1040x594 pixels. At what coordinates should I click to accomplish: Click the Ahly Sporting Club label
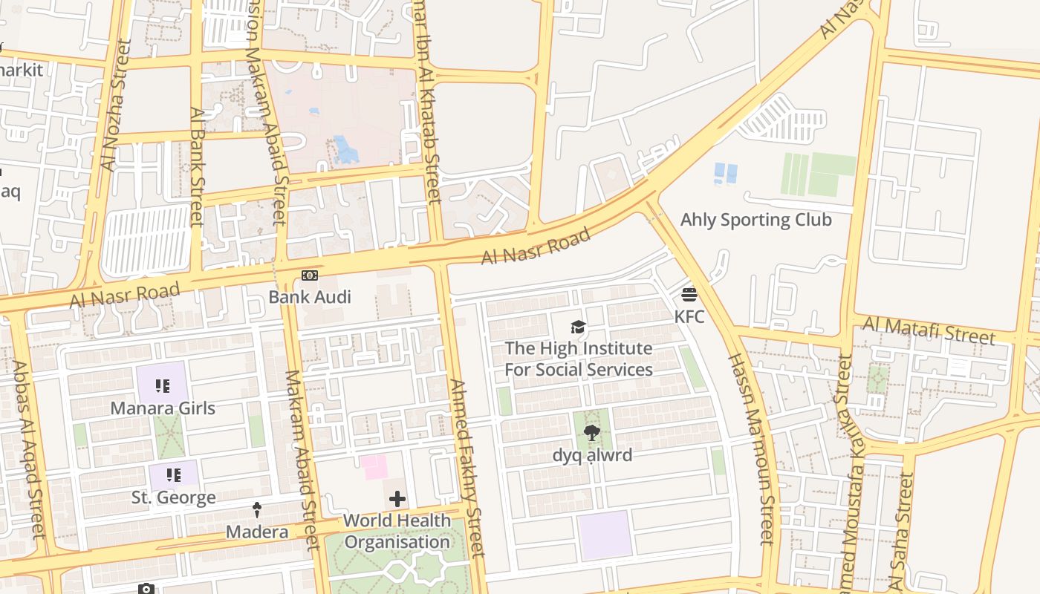[756, 220]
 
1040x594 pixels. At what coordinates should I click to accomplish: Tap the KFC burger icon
[689, 295]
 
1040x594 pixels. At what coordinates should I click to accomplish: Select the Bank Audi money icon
[310, 275]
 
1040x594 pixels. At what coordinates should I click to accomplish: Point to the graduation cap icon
[578, 327]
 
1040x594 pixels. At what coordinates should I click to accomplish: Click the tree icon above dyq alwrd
[592, 433]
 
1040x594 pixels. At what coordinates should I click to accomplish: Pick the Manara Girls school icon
[163, 385]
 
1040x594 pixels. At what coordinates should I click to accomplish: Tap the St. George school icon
[174, 475]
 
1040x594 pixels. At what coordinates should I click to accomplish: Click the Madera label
[257, 532]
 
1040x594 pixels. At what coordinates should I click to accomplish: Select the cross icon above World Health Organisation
[397, 498]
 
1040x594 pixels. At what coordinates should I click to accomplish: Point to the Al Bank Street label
[196, 166]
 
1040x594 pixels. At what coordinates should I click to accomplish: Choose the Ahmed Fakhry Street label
[467, 468]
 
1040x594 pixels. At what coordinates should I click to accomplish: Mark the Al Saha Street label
[901, 530]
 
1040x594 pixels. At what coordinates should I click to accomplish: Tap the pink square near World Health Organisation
[374, 467]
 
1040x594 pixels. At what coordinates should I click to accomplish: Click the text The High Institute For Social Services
[579, 359]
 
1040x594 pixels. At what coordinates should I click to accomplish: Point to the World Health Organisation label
[397, 531]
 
